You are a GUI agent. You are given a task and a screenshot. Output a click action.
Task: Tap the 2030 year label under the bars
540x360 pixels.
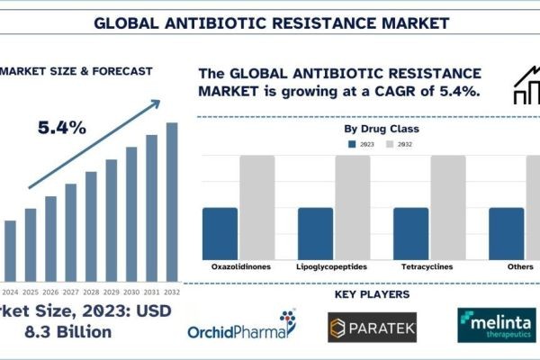click(131, 292)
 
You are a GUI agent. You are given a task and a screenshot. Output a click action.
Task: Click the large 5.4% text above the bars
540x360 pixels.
click(62, 128)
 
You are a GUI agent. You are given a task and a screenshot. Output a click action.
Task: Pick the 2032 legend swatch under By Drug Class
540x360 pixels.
click(391, 145)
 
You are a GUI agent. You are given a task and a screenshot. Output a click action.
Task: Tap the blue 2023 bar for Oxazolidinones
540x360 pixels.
click(220, 233)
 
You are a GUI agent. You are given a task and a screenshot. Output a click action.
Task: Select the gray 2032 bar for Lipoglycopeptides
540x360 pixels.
click(353, 207)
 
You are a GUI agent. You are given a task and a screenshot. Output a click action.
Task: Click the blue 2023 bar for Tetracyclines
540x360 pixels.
click(411, 233)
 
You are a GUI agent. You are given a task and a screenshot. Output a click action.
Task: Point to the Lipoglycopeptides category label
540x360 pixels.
click(332, 267)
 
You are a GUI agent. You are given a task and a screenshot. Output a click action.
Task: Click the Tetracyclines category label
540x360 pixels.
click(427, 267)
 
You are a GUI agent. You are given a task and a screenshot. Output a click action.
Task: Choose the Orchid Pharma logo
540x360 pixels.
click(241, 327)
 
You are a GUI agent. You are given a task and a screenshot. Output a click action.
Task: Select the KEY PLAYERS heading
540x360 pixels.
click(372, 294)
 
